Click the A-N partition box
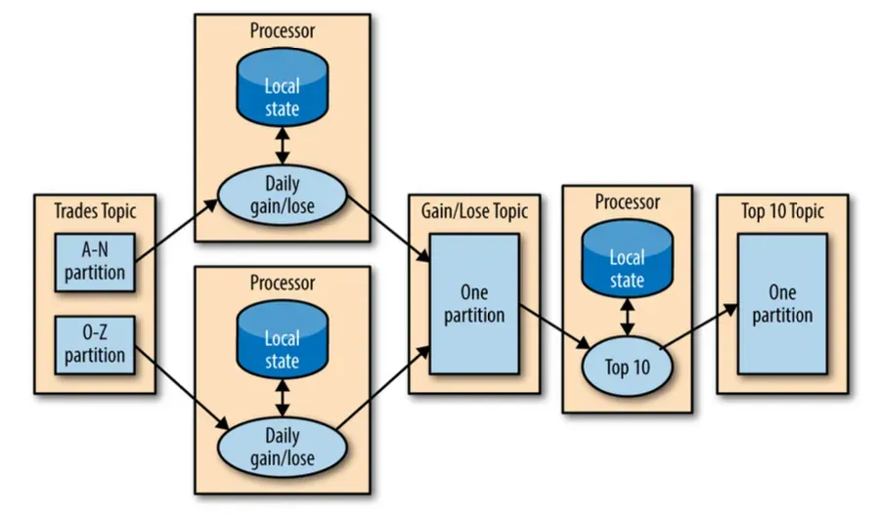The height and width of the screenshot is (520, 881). point(95,261)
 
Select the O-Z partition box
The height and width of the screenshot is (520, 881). point(95,343)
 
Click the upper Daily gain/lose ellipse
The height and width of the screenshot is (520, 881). point(283,193)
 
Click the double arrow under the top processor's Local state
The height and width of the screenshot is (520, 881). point(283,146)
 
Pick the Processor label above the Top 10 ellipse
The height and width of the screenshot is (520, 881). point(627,202)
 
